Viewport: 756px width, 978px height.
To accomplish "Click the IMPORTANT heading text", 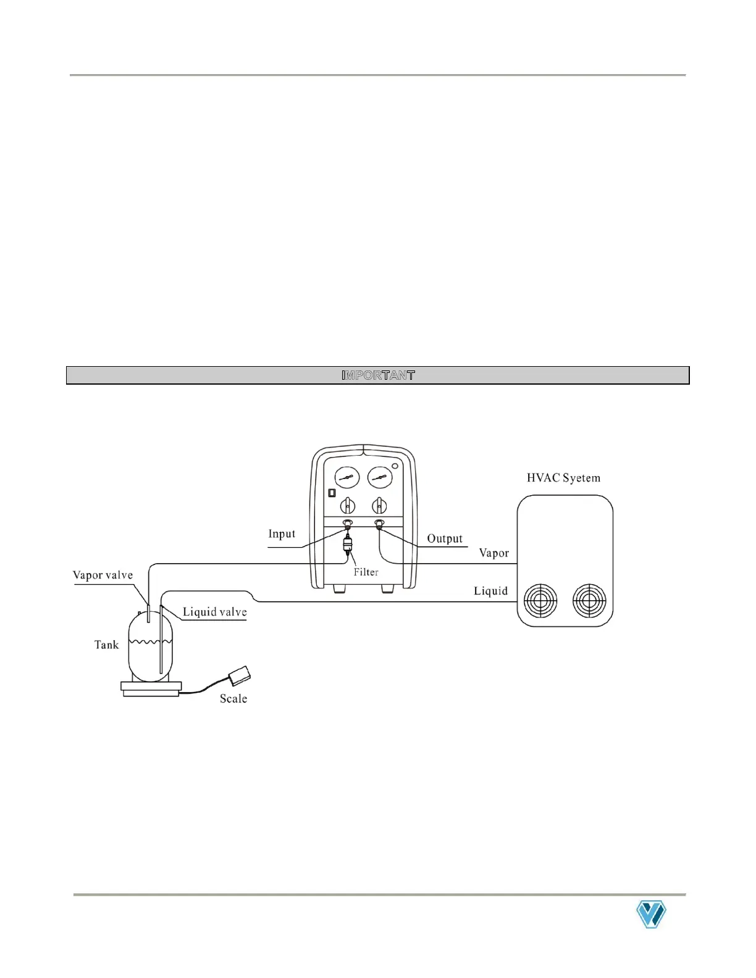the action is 378,375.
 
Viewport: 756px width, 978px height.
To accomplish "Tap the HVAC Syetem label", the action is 563,478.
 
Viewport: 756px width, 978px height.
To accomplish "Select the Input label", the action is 282,534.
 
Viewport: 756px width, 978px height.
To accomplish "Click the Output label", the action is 445,538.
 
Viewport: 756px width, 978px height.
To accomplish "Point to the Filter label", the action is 366,572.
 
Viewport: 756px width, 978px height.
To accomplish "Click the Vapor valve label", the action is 103,575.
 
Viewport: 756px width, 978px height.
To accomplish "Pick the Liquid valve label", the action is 214,612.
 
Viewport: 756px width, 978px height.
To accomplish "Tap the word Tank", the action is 106,645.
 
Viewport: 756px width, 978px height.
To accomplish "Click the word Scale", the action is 233,699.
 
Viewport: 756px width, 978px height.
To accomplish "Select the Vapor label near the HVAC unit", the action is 494,553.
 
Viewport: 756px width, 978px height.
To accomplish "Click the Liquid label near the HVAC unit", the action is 490,591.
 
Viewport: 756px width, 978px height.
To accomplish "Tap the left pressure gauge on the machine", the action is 347,479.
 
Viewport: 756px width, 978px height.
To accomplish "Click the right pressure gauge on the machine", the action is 380,479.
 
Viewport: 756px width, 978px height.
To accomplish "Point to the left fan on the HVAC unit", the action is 540,601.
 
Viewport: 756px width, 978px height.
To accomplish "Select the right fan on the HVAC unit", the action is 589,601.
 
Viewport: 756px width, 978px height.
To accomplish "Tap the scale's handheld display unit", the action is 239,675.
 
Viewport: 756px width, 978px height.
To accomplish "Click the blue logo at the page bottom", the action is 651,914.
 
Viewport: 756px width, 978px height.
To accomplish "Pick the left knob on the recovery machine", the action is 348,506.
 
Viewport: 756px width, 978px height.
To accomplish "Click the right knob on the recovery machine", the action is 379,506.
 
